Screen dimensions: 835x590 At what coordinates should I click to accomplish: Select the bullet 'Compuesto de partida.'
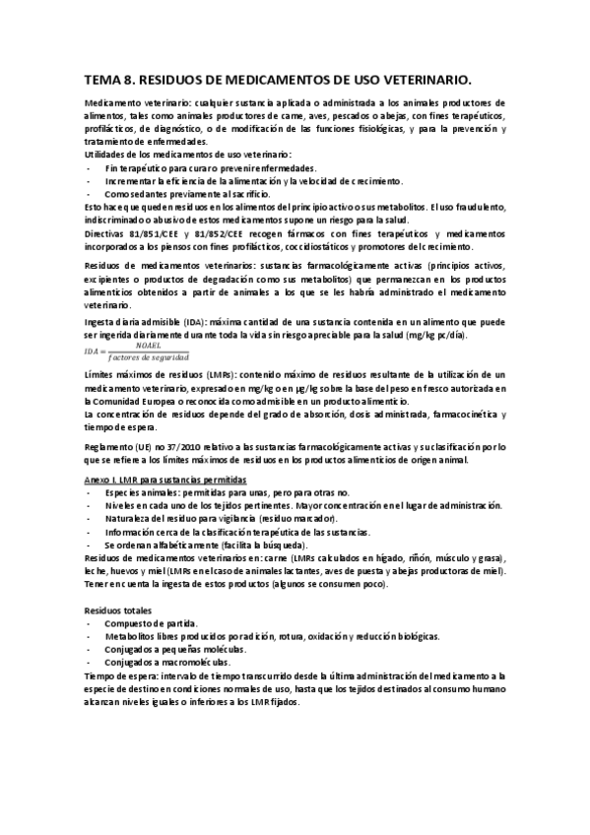(152, 623)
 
